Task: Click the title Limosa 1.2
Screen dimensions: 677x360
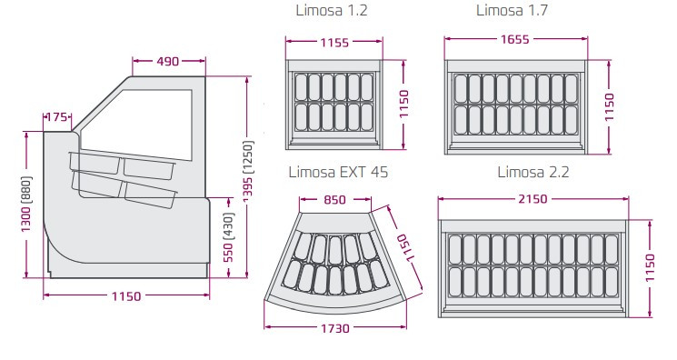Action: pos(332,10)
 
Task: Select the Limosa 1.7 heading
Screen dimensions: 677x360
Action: pos(512,10)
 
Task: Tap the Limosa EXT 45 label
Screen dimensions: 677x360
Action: pos(338,172)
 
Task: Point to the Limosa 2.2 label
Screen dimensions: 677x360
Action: pos(533,172)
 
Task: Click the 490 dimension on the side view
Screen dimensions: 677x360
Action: pos(168,62)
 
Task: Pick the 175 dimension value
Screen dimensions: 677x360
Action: pos(56,117)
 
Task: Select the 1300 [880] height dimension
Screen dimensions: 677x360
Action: pos(26,204)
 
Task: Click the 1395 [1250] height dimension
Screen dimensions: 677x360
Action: pos(248,171)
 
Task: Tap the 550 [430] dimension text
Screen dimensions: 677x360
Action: pos(228,237)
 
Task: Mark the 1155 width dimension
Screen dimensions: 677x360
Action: pos(334,43)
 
